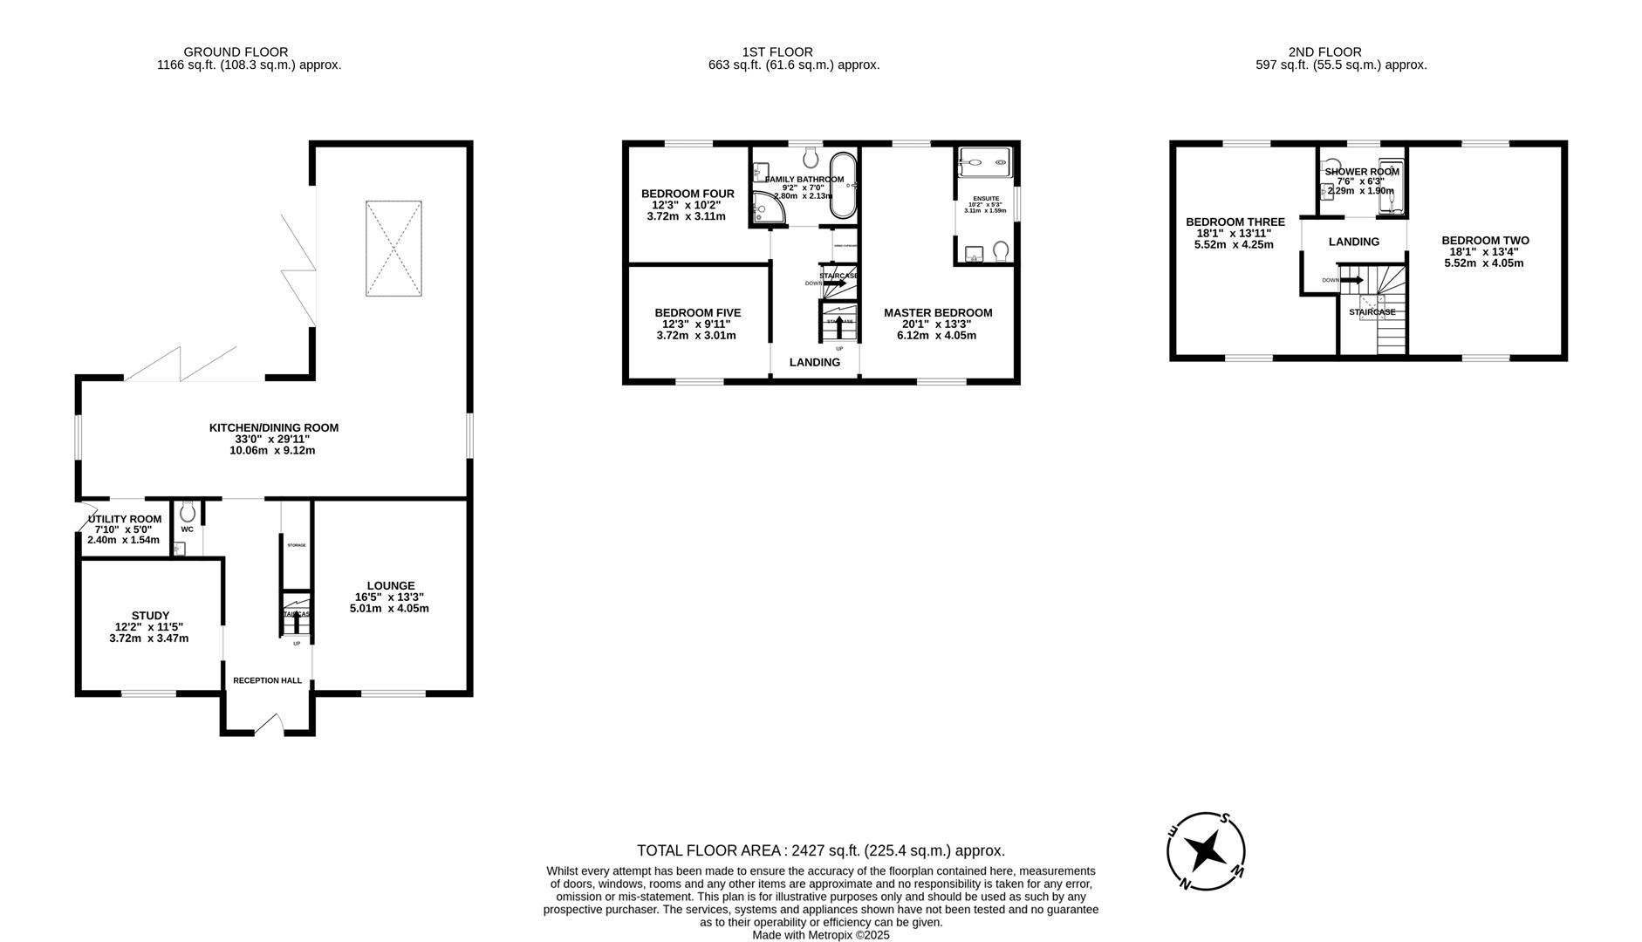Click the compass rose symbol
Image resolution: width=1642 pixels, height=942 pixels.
pos(1206,850)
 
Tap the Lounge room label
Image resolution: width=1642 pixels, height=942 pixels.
pos(390,585)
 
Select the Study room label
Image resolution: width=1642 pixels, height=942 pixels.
pos(150,615)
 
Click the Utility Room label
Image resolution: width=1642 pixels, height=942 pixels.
pos(125,519)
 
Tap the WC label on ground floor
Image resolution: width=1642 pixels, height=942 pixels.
pos(187,529)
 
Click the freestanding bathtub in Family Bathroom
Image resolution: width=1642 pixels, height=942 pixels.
pos(842,186)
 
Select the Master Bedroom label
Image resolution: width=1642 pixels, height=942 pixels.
pos(938,312)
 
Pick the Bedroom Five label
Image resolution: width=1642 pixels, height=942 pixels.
pos(698,312)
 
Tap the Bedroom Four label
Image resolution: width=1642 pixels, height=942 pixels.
pos(688,194)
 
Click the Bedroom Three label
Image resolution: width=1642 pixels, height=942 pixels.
pos(1235,222)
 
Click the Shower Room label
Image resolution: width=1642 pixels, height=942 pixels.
pos(1361,172)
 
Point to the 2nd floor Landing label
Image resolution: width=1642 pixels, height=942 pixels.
pos(1354,242)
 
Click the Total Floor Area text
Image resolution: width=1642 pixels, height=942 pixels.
pos(820,850)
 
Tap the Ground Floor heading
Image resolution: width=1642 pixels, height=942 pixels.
pos(236,52)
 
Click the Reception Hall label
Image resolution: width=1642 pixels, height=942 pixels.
pos(267,680)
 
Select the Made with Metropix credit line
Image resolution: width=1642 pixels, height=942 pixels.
pos(820,935)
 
